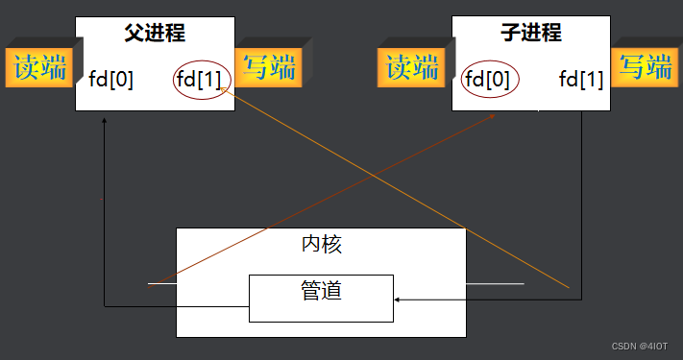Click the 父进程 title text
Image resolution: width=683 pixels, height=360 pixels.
155,34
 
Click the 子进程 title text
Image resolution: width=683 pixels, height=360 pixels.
531,34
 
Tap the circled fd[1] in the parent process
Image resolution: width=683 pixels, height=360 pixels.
202,79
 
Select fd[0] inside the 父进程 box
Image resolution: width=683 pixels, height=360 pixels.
111,79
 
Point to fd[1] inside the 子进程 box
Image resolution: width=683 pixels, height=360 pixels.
581,79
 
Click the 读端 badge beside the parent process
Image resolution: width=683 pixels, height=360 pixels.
39,68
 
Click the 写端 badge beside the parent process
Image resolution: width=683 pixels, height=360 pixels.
268,67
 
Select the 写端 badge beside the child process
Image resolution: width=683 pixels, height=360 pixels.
645,66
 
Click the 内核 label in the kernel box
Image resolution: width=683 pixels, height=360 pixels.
321,244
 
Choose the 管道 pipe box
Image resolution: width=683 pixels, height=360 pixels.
321,298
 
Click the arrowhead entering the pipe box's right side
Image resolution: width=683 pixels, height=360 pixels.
398,300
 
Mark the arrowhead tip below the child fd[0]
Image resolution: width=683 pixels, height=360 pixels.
493,115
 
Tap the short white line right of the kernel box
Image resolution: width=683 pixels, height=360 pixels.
495,283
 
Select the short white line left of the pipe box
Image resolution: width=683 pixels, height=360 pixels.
162,284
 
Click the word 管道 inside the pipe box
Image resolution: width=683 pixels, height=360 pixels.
321,289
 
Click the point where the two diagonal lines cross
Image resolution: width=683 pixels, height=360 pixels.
371,175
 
